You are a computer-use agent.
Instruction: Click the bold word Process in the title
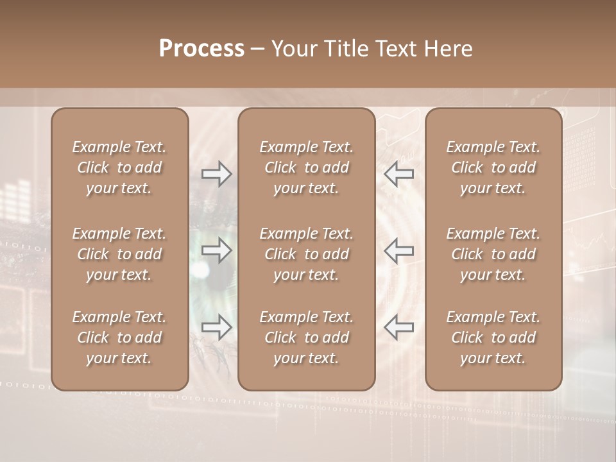(x=201, y=49)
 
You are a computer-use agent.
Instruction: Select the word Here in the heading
(x=449, y=49)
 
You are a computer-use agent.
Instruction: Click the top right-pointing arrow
(x=217, y=174)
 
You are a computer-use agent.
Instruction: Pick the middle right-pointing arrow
(x=217, y=251)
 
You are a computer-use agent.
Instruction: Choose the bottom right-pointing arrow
(x=217, y=327)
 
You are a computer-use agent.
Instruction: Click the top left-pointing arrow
(x=398, y=174)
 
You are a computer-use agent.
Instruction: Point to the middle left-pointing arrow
(x=398, y=251)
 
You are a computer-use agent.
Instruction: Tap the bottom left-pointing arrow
(x=398, y=327)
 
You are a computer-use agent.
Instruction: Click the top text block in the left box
(x=119, y=167)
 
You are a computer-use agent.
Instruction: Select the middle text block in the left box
(x=119, y=254)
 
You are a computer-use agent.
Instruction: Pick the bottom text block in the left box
(x=119, y=338)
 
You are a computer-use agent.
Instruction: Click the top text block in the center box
(x=306, y=167)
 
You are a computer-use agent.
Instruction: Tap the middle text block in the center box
(x=306, y=254)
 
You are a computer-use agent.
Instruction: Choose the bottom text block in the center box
(x=306, y=338)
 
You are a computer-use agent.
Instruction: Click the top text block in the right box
(x=493, y=167)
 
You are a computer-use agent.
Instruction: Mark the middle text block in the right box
(x=493, y=254)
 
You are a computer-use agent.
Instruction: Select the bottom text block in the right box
(x=493, y=338)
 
